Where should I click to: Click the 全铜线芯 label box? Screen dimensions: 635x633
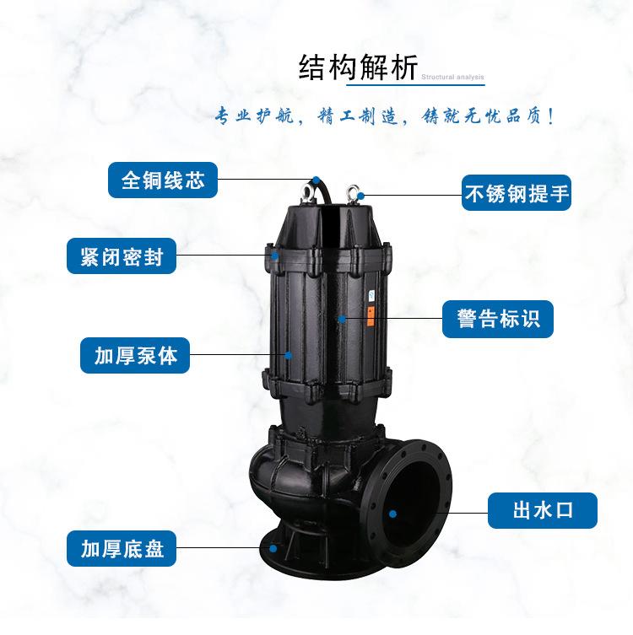click(162, 180)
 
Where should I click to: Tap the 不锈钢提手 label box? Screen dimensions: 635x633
click(517, 194)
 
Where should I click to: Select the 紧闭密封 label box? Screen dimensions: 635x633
click(122, 256)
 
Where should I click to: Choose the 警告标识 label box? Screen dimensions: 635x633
click(498, 320)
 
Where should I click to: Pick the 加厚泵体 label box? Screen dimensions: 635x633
click(135, 355)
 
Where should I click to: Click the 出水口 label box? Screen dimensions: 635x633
click(543, 510)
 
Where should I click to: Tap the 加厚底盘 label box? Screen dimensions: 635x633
click(122, 550)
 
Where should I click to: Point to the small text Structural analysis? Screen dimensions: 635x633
click(452, 78)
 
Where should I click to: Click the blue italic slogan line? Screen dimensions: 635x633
click(383, 116)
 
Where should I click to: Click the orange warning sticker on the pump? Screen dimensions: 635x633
click(370, 315)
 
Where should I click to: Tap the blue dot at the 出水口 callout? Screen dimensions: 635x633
click(392, 512)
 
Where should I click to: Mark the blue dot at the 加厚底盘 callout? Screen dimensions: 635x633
click(273, 548)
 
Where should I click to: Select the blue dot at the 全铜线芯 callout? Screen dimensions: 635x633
click(315, 179)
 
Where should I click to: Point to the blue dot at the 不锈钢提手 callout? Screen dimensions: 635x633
click(360, 195)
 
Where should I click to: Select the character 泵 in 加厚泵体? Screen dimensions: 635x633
click(146, 355)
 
